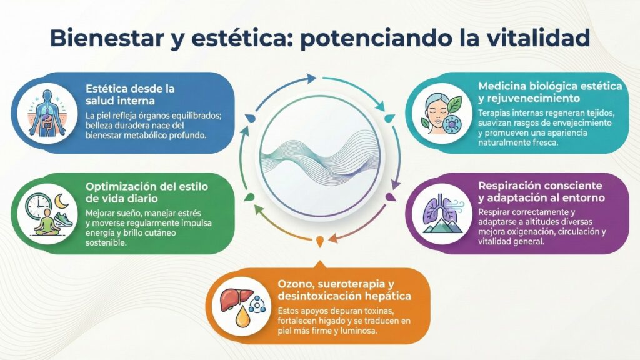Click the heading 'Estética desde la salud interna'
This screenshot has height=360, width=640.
tap(130, 94)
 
